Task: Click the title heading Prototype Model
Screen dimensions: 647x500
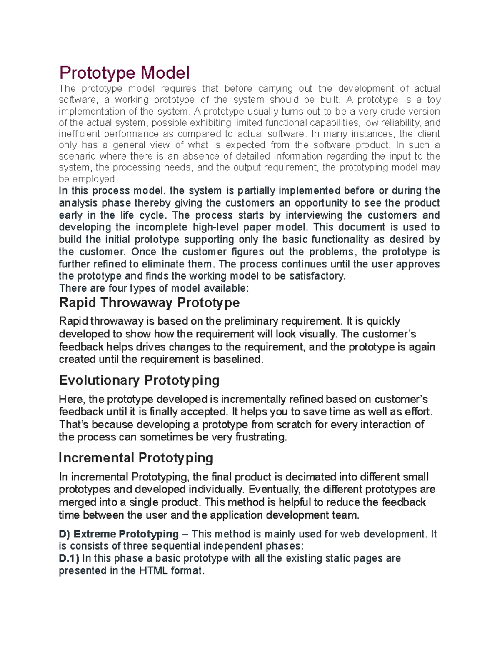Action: (x=124, y=73)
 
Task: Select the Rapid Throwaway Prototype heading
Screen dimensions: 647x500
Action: (x=149, y=302)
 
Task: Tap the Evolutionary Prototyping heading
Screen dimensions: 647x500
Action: (x=139, y=380)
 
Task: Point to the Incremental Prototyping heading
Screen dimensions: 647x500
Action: (x=136, y=457)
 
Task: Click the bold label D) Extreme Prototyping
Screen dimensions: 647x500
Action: (x=119, y=534)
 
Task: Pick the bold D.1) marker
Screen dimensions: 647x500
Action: (x=69, y=558)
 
